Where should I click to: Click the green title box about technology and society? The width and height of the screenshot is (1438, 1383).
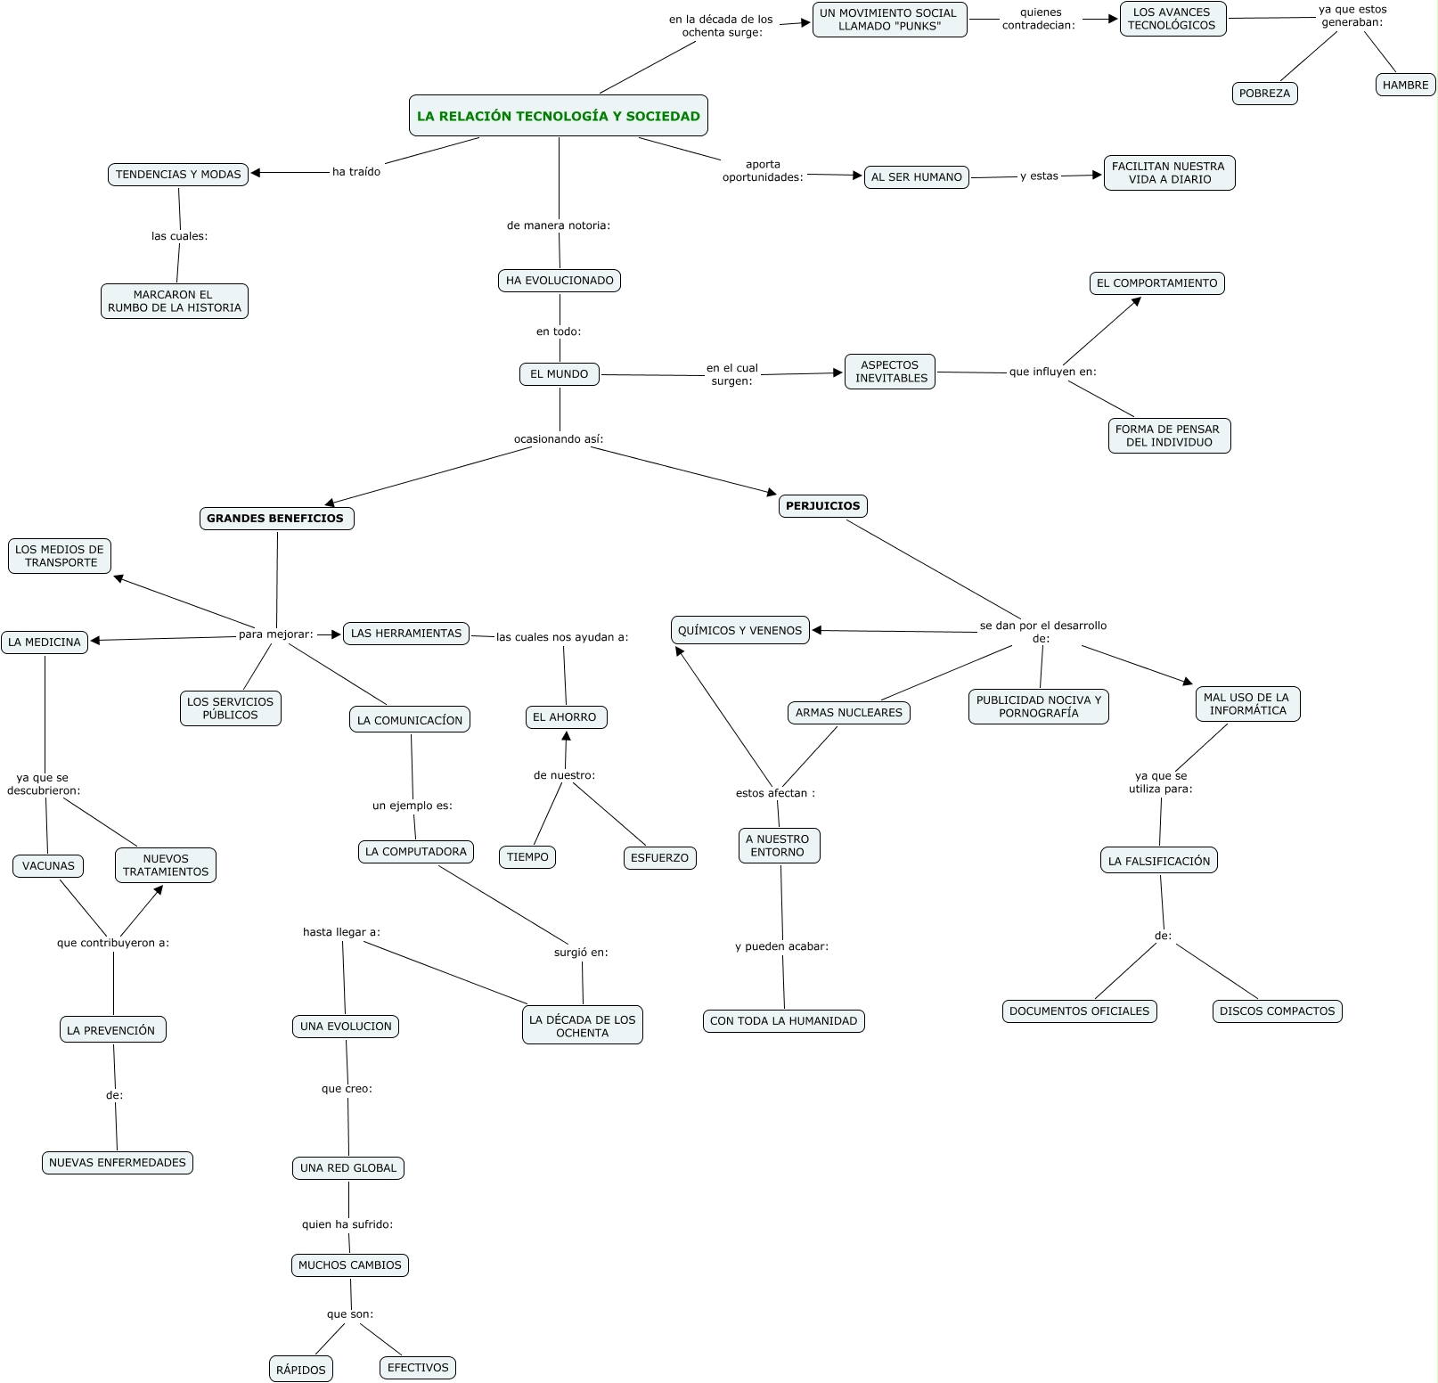[559, 116]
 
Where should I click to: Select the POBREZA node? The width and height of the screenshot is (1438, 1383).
[1264, 94]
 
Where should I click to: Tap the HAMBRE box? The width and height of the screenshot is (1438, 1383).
[1405, 86]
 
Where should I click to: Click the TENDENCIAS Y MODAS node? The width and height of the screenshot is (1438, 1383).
[178, 175]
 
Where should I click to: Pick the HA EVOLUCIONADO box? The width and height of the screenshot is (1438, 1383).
[560, 281]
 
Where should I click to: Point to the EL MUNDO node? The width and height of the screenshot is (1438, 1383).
[559, 374]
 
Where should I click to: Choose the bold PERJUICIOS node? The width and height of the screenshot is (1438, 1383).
[822, 506]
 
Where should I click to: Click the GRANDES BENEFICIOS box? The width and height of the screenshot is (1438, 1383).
[275, 519]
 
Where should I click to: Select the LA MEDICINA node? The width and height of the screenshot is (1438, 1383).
[45, 642]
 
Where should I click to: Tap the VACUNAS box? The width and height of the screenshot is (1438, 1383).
[48, 866]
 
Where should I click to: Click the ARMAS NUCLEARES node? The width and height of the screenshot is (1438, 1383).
[848, 713]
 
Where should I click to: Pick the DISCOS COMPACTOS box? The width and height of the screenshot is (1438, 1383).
[1277, 1011]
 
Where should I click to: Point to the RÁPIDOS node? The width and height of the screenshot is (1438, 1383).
[301, 1370]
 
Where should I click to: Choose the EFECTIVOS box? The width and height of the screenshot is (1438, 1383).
[418, 1368]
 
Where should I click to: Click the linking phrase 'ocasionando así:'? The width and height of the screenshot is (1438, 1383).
[559, 439]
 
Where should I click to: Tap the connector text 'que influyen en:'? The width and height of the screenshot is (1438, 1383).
[1052, 372]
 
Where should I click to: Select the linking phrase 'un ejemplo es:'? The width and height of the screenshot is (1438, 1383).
[412, 806]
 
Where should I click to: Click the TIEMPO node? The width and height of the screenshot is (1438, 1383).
[527, 857]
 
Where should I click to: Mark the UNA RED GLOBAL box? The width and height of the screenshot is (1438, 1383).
[348, 1168]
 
